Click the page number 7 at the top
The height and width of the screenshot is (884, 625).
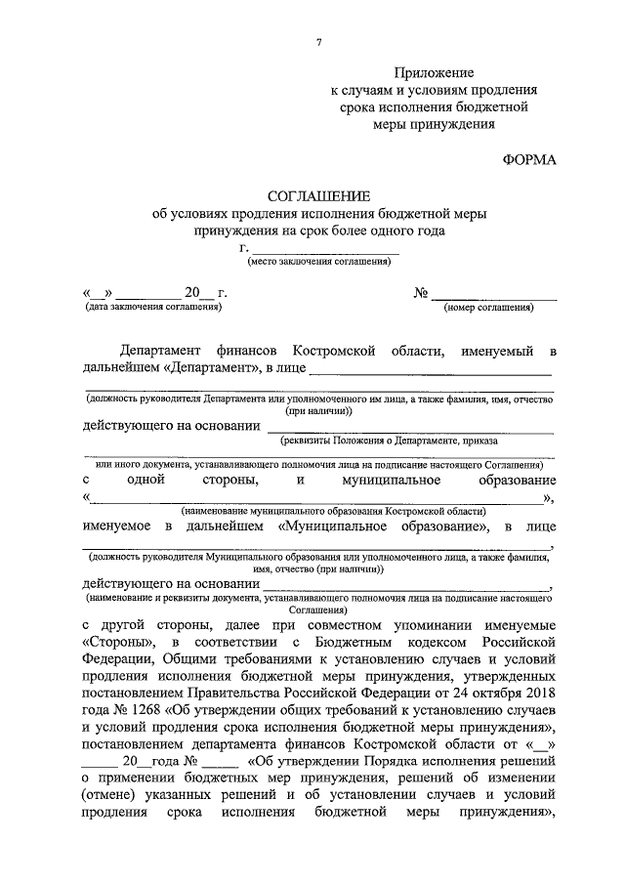pyautogui.click(x=319, y=40)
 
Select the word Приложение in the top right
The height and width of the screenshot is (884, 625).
pyautogui.click(x=434, y=73)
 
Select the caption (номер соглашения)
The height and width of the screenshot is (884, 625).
pyautogui.click(x=488, y=308)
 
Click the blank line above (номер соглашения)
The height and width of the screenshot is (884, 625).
pyautogui.click(x=495, y=293)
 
